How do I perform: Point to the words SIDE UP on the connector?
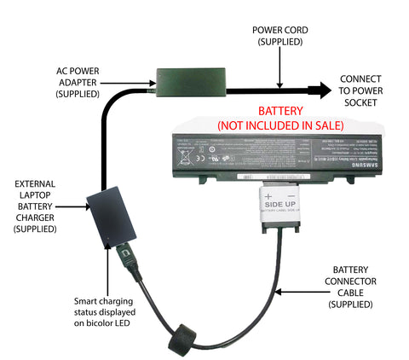click(x=279, y=206)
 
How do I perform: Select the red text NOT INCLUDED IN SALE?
click(x=280, y=125)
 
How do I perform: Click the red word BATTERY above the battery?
click(x=280, y=111)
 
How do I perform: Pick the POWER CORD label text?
click(x=279, y=36)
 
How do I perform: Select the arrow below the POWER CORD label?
click(x=279, y=68)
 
